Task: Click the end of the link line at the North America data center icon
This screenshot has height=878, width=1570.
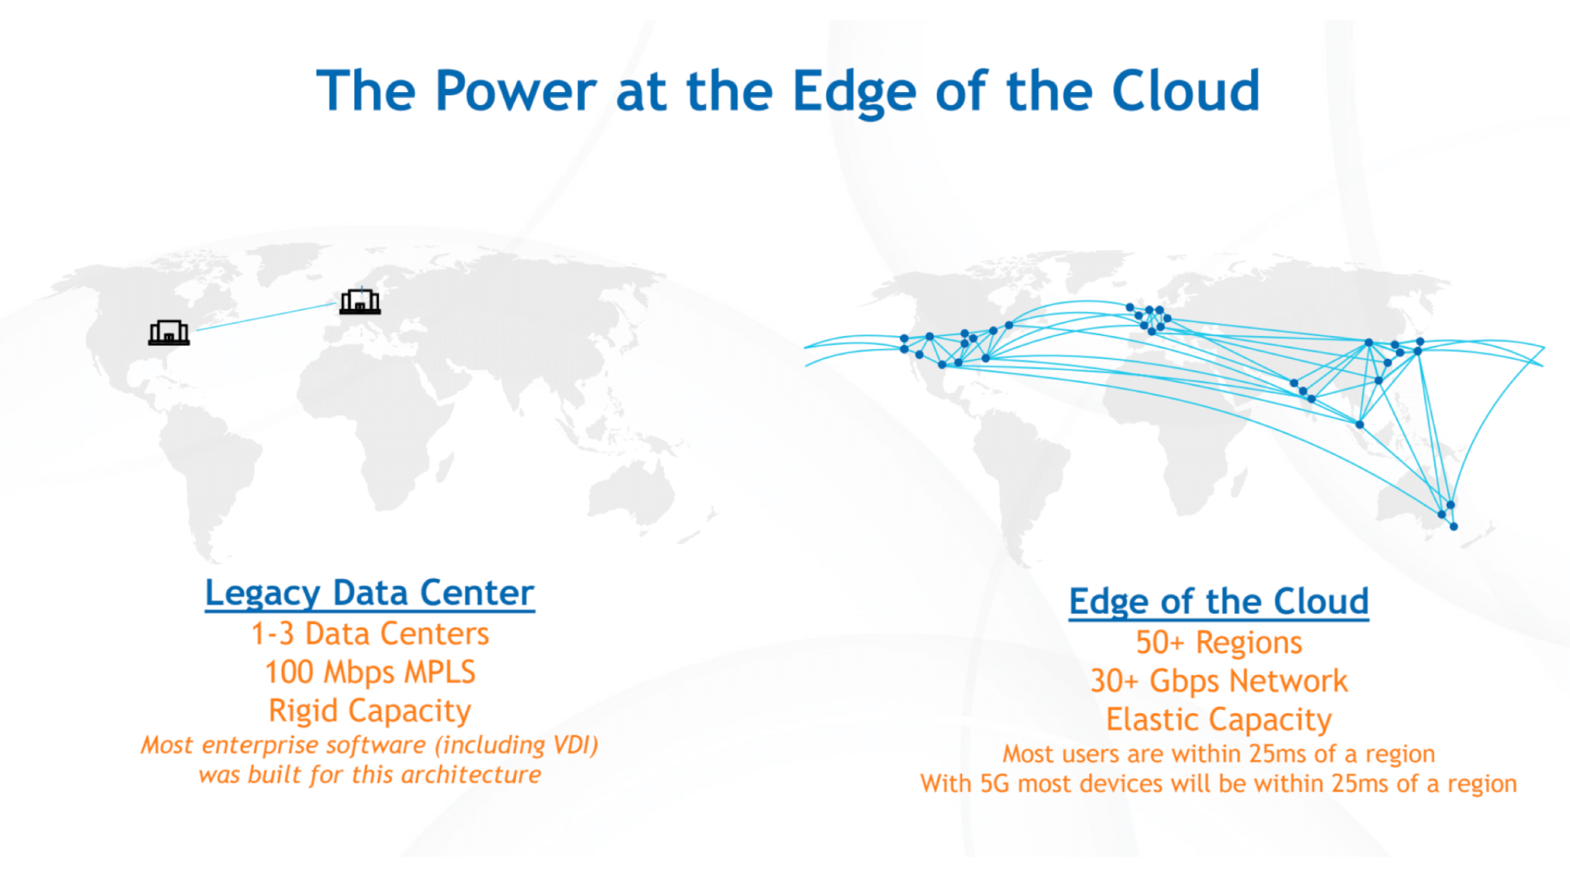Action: click(x=197, y=330)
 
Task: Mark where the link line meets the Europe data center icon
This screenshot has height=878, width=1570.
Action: click(x=338, y=304)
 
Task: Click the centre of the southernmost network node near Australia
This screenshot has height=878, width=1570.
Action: click(x=1453, y=526)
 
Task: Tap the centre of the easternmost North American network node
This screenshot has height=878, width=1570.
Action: click(x=1009, y=325)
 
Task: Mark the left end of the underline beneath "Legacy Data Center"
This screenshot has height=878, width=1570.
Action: click(x=205, y=610)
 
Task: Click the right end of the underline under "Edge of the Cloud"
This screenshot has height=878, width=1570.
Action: click(x=1369, y=619)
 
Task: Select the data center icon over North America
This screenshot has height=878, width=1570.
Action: click(x=169, y=333)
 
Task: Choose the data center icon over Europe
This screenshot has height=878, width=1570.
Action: click(x=360, y=301)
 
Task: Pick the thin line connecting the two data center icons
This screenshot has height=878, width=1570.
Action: click(x=268, y=317)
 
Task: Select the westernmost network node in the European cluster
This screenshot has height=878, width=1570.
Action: click(x=1130, y=307)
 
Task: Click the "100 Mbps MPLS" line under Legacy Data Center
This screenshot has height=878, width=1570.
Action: click(x=370, y=672)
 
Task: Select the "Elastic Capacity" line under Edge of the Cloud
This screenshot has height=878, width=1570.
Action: click(x=1219, y=720)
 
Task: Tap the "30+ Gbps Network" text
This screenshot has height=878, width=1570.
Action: click(x=1219, y=681)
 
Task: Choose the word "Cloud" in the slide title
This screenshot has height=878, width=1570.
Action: click(x=1186, y=91)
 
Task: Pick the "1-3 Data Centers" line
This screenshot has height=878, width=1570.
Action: click(x=370, y=634)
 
